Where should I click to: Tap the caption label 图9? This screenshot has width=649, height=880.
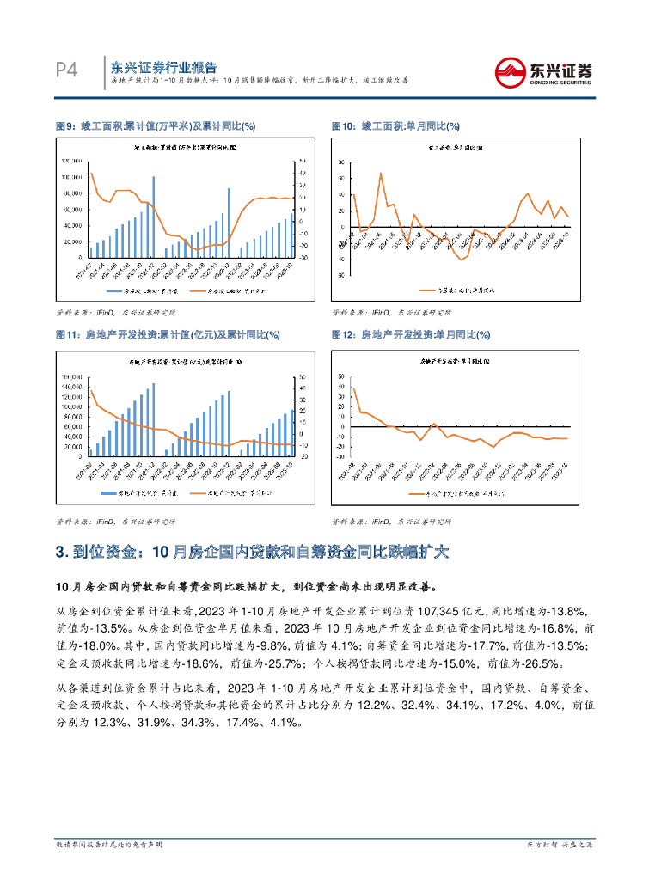(x=64, y=126)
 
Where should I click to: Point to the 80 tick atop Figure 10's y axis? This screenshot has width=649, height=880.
(x=342, y=162)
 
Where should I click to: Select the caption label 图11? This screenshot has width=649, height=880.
(x=66, y=334)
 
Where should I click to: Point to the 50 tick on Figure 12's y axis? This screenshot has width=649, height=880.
(x=342, y=376)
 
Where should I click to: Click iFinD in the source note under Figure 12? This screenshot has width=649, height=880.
(x=383, y=522)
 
